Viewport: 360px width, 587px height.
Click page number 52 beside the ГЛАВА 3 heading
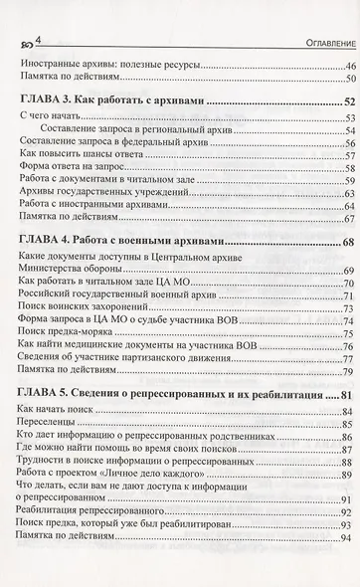tap(348, 100)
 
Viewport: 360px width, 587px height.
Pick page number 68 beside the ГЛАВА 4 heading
tap(348, 242)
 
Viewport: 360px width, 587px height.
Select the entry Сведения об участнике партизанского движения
tap(129, 359)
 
